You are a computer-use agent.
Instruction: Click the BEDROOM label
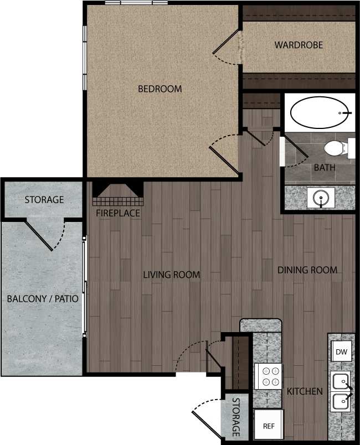160,89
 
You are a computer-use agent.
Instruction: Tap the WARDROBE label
299,45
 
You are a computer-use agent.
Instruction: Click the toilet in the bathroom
335,148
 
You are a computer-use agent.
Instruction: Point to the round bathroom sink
319,197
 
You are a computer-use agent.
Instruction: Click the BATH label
325,167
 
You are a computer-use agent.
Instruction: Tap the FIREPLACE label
118,213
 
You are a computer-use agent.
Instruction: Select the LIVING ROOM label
171,275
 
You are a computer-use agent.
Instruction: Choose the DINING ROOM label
307,270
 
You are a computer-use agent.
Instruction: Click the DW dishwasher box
341,351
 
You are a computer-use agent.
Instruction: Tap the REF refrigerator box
269,426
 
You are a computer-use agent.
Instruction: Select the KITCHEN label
305,392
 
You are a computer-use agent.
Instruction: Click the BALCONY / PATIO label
43,299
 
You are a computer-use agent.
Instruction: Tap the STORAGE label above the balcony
44,200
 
